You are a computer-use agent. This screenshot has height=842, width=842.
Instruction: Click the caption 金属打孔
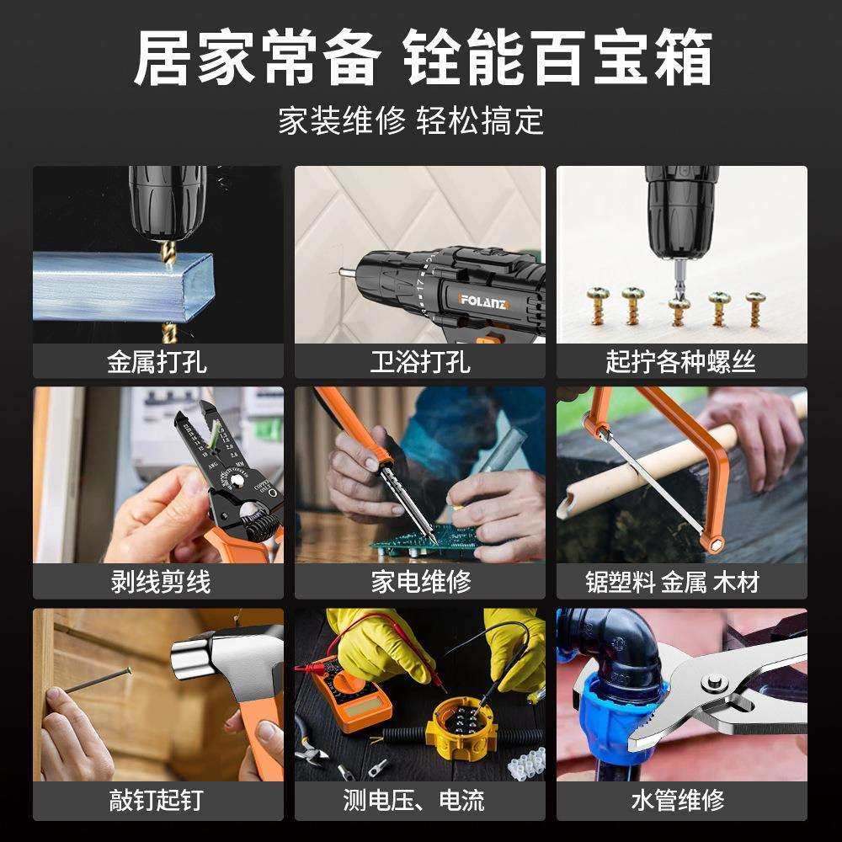157,362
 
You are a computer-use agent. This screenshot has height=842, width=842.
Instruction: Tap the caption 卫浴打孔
419,362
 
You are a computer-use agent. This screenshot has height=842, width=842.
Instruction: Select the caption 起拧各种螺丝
680,362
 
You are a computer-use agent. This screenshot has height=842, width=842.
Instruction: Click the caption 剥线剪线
160,582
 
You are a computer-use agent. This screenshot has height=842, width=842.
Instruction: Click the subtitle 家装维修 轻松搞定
411,121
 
